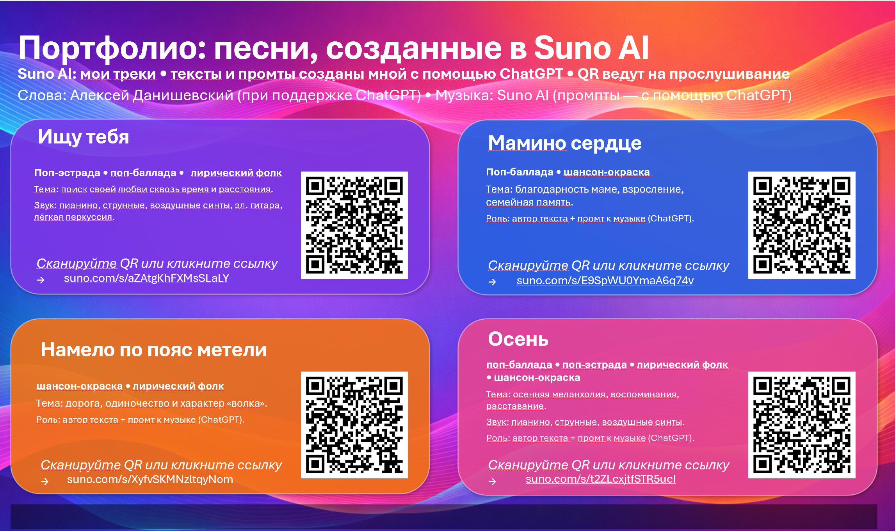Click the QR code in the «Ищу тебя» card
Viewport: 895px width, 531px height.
(x=354, y=225)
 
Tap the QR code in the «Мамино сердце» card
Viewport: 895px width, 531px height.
(x=801, y=225)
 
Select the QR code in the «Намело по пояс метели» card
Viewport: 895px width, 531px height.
(x=354, y=425)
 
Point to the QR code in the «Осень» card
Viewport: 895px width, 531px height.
(x=801, y=425)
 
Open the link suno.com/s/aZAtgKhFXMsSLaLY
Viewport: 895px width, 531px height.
(x=146, y=278)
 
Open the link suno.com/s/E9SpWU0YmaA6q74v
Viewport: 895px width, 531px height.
(x=605, y=281)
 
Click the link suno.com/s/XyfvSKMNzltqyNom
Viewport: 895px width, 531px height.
(x=150, y=480)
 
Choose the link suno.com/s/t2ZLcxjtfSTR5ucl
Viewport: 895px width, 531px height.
(x=600, y=479)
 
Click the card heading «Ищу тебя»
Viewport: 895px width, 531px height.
(x=83, y=137)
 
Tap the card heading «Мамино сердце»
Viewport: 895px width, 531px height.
(x=564, y=143)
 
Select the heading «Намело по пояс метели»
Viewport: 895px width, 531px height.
(x=153, y=350)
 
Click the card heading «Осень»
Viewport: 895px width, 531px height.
(x=518, y=339)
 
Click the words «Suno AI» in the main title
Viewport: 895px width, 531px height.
(x=591, y=48)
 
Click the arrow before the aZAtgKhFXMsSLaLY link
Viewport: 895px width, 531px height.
(x=41, y=280)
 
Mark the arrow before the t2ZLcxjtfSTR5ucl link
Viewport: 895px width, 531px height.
(x=492, y=481)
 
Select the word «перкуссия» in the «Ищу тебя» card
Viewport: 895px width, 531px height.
(x=89, y=217)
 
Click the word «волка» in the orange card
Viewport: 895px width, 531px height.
(x=246, y=404)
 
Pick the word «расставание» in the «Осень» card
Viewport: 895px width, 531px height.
(x=515, y=406)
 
